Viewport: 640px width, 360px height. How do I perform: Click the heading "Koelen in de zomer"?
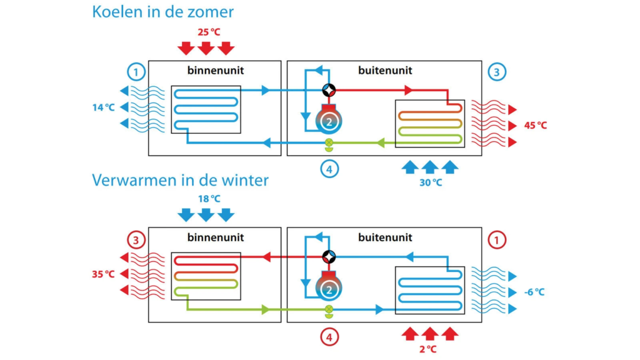tap(163, 12)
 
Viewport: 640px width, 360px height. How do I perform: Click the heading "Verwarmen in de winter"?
tap(180, 181)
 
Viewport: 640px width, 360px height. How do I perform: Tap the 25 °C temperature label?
tap(206, 31)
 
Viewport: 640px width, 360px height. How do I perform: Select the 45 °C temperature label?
tap(535, 125)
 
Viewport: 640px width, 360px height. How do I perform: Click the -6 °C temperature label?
tap(535, 292)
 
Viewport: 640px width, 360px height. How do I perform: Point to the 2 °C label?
tap(429, 349)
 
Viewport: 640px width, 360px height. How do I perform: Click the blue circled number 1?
tap(137, 72)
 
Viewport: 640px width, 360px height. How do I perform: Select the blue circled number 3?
tap(496, 72)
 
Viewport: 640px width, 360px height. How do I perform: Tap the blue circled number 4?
tap(329, 168)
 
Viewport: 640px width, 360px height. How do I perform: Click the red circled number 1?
tap(496, 239)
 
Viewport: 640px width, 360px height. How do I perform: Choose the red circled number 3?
tap(137, 239)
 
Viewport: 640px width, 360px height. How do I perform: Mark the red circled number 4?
tap(329, 337)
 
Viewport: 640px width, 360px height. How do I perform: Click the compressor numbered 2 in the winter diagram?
tap(329, 286)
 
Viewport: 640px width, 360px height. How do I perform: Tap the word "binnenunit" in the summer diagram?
tap(215, 71)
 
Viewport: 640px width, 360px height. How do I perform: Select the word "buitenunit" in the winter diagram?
tap(385, 237)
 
